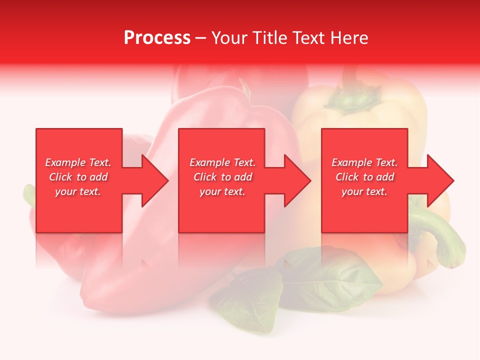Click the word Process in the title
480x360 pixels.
[157, 38]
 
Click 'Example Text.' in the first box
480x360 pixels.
[78, 162]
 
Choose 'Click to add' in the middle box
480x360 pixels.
[222, 177]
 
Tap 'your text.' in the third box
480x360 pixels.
[364, 191]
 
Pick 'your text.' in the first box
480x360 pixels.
[78, 191]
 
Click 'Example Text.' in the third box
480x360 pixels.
[364, 162]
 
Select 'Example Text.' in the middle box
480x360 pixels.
[222, 162]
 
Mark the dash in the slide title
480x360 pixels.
[201, 38]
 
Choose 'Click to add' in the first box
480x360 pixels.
[78, 177]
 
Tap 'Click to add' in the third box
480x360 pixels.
[364, 177]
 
